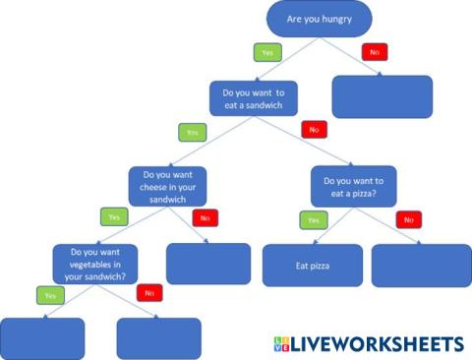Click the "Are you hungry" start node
[320, 19]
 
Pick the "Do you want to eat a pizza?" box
[353, 186]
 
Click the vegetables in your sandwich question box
[95, 264]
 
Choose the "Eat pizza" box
[312, 266]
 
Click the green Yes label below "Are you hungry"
[265, 51]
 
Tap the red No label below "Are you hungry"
[374, 51]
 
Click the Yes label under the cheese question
[114, 215]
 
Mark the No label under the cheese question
[206, 217]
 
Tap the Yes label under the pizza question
[314, 220]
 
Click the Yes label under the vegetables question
[49, 295]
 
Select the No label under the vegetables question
[150, 292]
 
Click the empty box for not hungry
[383, 96]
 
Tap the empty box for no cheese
[207, 264]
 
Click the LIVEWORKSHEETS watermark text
[379, 344]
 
